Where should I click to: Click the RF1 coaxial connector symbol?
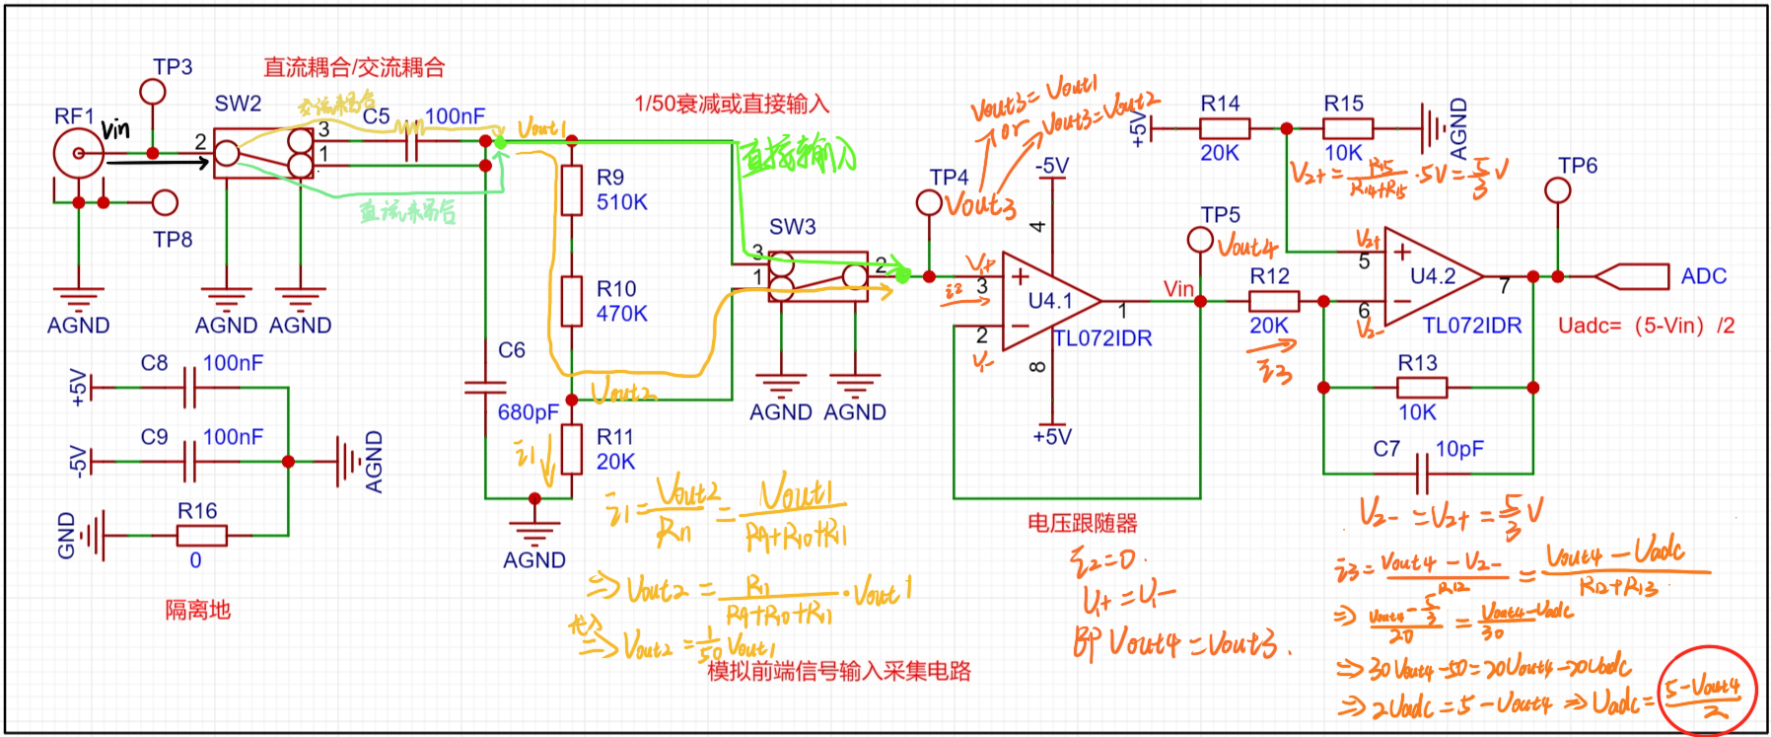click(x=78, y=154)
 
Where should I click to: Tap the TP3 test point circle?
click(x=153, y=92)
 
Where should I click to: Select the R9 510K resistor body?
click(x=572, y=189)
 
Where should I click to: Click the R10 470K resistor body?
click(x=572, y=301)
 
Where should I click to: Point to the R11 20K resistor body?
click(x=572, y=449)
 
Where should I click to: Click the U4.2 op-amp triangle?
click(x=1431, y=277)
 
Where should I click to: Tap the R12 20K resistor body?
click(x=1273, y=301)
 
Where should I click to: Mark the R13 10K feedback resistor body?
click(x=1421, y=388)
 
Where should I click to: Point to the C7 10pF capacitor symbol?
click(x=1422, y=474)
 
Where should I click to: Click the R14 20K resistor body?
click(x=1224, y=128)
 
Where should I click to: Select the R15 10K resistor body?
click(x=1347, y=128)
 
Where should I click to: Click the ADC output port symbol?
click(x=1631, y=276)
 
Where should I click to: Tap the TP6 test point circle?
click(x=1558, y=189)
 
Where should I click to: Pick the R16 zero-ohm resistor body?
click(x=201, y=536)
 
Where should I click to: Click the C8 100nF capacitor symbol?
click(x=189, y=388)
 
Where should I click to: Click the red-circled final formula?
click(x=1707, y=692)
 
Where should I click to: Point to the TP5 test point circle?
click(x=1200, y=239)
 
